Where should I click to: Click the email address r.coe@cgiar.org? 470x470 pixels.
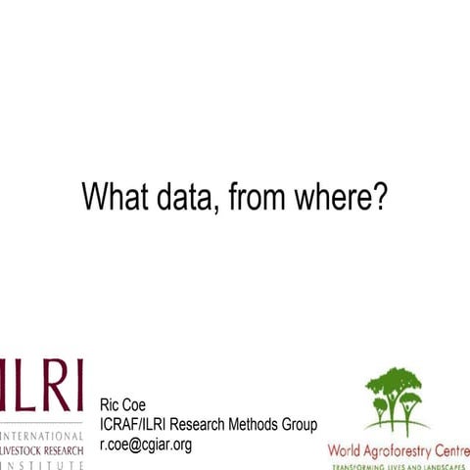146,445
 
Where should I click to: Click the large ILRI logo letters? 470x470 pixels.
41,385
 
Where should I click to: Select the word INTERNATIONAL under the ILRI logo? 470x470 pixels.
43,435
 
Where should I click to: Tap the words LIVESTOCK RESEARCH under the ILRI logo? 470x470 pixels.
41,450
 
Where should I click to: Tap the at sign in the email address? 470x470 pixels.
140,445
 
